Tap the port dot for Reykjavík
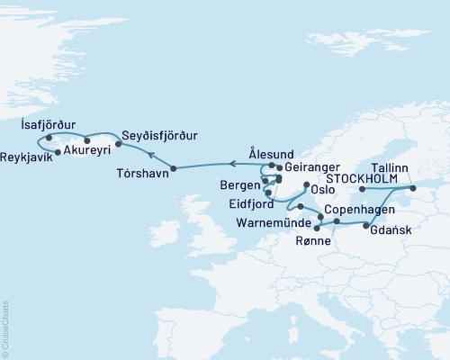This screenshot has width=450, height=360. pos(58,152)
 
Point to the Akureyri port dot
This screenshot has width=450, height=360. pos(86,140)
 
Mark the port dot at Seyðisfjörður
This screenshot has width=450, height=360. pos(118,142)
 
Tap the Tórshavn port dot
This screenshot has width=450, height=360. pos(174,168)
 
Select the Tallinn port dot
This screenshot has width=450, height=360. pos(413,188)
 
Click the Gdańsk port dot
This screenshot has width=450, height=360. pos(365,226)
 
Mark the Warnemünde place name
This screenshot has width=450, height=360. pos(274,221)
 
